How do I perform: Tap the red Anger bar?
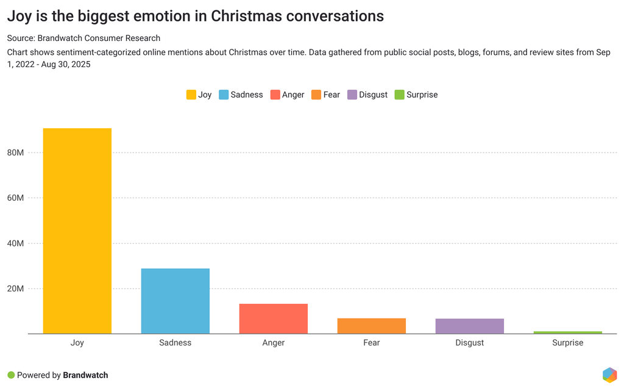(x=273, y=319)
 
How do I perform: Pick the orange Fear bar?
(x=371, y=326)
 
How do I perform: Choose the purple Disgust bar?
(x=469, y=326)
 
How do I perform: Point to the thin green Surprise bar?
(x=567, y=333)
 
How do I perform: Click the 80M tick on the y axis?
(x=15, y=153)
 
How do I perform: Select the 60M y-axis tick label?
(x=15, y=198)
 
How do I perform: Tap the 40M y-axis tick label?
(x=15, y=244)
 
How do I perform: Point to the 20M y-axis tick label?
(x=15, y=289)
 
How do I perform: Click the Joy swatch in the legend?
(x=191, y=95)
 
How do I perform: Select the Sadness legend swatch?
(x=224, y=95)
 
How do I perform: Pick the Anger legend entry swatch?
(x=275, y=95)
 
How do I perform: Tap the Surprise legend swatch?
(x=399, y=95)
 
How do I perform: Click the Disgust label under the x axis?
(x=469, y=342)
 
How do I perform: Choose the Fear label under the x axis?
(x=371, y=342)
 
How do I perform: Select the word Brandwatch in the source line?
(x=60, y=38)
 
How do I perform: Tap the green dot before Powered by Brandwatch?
(x=11, y=375)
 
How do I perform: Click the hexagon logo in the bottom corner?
(x=609, y=375)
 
